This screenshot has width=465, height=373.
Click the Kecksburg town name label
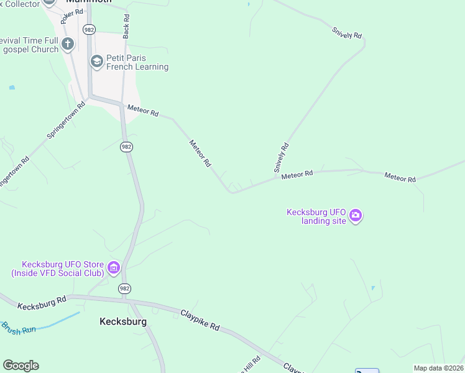pos(123,322)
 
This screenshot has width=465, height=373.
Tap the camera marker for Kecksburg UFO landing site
pos(356,216)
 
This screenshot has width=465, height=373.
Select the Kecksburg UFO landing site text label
pos(315,216)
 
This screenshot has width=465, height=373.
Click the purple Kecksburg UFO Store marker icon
pos(113,268)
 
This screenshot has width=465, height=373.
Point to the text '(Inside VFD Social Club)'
pos(58,272)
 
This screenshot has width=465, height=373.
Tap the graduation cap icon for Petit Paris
pos(96,61)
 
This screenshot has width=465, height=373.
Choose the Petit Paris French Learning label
pos(137,62)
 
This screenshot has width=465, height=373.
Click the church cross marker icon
pos(68,44)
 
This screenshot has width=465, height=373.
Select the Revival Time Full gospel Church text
pos(29,44)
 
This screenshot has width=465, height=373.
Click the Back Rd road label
pos(126,27)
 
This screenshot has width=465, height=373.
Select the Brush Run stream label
pos(19,328)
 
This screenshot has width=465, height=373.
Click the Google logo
pos(21,366)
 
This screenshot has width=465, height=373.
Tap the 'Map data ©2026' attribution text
pos(438,368)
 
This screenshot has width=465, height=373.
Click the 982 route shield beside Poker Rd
pos(88,29)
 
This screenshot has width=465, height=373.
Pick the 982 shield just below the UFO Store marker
pos(125,288)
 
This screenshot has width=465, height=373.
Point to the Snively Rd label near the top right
pos(347,33)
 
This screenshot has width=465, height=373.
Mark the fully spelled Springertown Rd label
pos(65,119)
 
